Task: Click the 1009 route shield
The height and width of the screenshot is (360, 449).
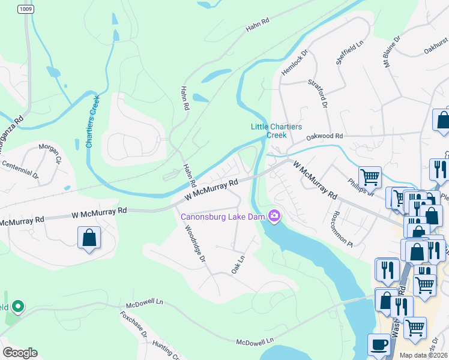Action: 25,9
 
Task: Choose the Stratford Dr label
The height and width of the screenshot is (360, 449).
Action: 319,93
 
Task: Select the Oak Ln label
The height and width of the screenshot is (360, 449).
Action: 238,264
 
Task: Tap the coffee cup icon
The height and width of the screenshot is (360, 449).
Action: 378,345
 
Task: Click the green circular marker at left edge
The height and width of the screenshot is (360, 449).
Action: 17,307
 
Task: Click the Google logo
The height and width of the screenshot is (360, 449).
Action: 20,353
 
